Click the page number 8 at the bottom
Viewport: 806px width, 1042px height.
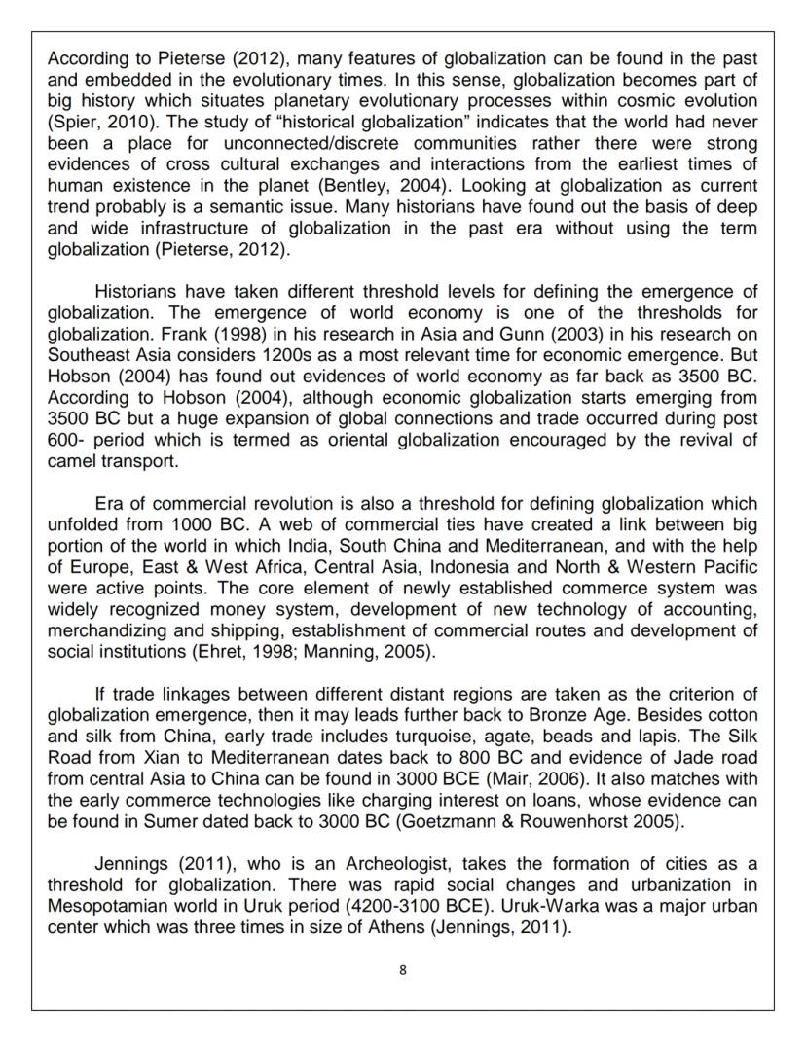tap(402, 970)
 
